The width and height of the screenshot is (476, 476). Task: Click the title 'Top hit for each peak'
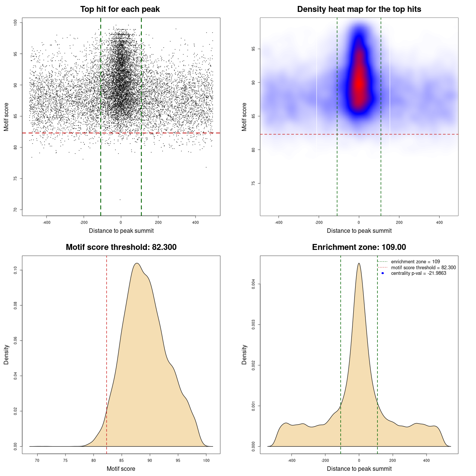coord(120,9)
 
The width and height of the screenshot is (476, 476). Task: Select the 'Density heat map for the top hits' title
coord(359,9)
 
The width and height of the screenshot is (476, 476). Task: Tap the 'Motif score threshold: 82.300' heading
coord(121,247)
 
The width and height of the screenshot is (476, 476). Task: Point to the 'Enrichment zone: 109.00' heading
coord(359,247)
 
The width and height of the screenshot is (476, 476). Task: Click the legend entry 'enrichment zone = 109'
coord(415,262)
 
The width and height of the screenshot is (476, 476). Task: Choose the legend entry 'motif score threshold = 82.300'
coord(423,267)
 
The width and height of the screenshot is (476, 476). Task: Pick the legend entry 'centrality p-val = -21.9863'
coord(418,273)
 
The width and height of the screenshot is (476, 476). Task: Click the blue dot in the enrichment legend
coord(383,273)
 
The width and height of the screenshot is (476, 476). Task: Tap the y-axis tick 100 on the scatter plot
coord(16,23)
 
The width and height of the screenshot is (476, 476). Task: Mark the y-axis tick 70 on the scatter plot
coord(16,210)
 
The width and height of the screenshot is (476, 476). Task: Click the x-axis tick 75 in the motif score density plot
coord(65,460)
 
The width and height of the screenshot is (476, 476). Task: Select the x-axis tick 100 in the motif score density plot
coord(206,460)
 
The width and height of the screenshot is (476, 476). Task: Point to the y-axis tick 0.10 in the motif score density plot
coord(16,270)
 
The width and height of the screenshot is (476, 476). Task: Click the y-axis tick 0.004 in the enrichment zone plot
coord(254,284)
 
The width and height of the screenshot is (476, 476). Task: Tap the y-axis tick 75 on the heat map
coord(254,183)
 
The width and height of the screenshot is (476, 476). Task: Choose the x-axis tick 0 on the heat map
coord(359,222)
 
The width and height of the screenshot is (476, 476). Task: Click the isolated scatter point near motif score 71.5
coord(120,200)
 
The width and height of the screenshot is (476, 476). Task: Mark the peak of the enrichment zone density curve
coord(359,263)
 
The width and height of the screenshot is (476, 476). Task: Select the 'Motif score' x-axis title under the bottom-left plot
coord(121,469)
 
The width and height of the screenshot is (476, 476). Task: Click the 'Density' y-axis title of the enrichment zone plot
coord(244,354)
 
